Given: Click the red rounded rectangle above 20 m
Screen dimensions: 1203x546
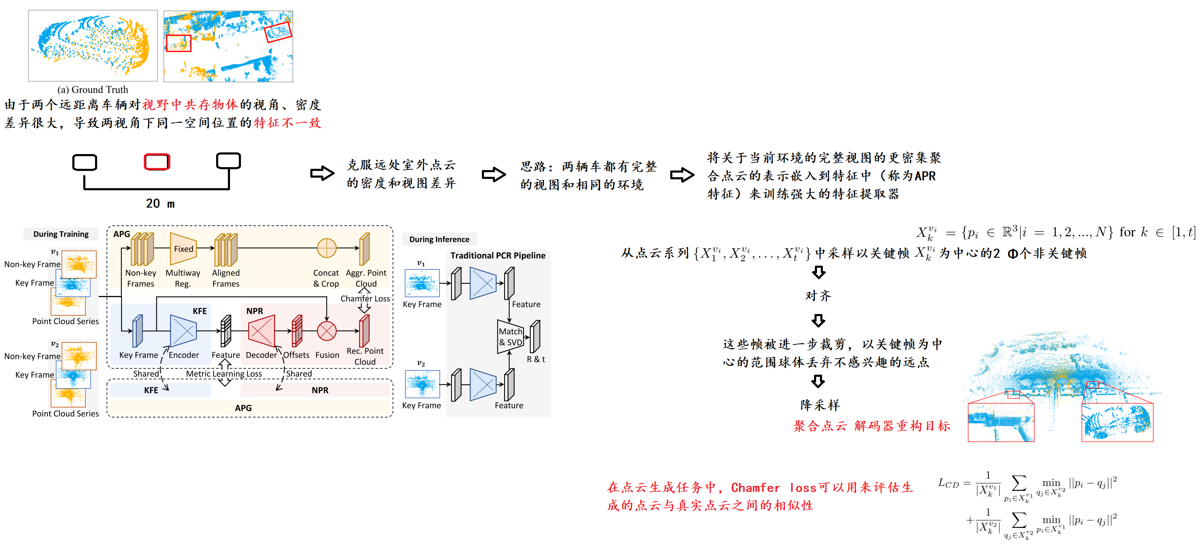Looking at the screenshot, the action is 157,162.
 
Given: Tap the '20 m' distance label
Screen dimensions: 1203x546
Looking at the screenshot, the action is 160,203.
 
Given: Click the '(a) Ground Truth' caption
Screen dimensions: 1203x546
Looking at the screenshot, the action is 93,89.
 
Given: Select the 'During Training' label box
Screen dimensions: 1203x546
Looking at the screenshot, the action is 61,234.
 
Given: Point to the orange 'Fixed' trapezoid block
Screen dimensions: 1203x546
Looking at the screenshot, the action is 183,249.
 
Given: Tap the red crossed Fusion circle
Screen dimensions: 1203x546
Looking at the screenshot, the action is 326,331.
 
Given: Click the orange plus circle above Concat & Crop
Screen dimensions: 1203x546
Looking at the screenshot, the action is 326,248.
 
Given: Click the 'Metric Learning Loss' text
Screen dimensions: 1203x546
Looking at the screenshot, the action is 224,373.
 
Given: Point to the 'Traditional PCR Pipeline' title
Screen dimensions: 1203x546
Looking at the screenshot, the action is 498,255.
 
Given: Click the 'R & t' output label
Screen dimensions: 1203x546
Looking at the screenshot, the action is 536,359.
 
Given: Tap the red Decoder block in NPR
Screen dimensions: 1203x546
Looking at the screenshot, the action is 262,331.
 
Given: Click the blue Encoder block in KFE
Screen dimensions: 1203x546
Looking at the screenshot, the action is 183,331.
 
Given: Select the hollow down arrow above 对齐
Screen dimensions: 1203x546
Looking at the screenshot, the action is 818,272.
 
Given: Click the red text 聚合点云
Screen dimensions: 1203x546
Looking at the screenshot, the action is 820,426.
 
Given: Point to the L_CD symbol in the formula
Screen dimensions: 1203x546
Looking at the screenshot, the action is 948,483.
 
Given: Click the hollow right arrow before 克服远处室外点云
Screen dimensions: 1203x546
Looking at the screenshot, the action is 322,173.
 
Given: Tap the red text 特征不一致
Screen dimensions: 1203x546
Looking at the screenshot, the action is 287,123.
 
